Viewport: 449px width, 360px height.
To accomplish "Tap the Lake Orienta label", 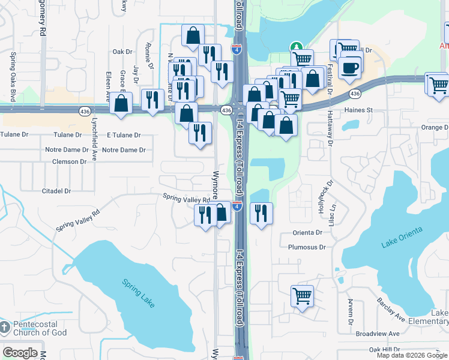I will click(402, 237).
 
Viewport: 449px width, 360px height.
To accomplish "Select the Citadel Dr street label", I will click(56, 191).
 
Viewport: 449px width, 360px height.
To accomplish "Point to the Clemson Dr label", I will click(70, 161).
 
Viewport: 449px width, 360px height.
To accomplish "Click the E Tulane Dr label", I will click(121, 136).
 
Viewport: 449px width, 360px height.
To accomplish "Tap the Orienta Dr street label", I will click(308, 233).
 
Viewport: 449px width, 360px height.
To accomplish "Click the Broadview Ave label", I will click(377, 334).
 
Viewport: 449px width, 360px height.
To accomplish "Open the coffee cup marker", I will click(349, 67).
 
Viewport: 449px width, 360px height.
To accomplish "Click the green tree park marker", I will click(295, 47).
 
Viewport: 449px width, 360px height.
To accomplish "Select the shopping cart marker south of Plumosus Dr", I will click(302, 295).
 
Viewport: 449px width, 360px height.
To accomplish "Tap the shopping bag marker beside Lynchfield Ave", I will click(121, 103).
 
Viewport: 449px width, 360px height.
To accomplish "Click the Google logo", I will click(20, 353).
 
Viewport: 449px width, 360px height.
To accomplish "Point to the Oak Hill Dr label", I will click(384, 349).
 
